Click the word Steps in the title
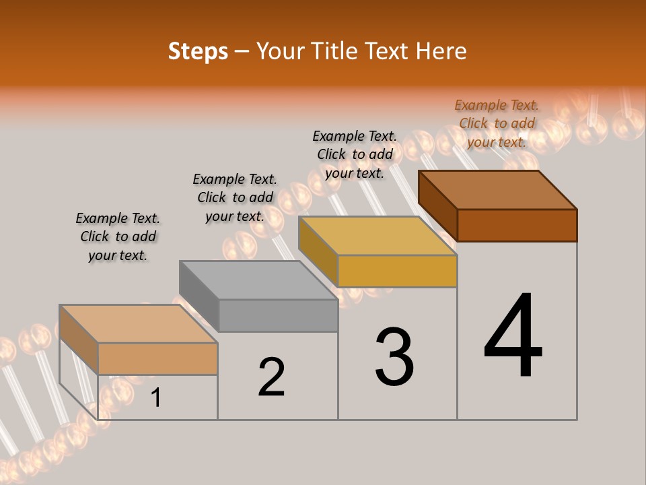[x=198, y=51]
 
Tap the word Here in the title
[x=441, y=51]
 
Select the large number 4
[x=513, y=337]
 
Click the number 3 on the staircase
[x=394, y=357]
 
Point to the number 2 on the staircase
[x=272, y=377]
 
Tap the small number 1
[x=156, y=398]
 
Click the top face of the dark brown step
[x=498, y=190]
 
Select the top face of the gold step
[x=378, y=236]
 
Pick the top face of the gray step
[x=259, y=280]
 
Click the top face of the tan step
[x=139, y=324]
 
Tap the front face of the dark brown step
[x=517, y=225]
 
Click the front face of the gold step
[x=397, y=271]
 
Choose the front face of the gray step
[x=278, y=315]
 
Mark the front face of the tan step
[x=157, y=358]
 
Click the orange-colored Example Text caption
[x=497, y=123]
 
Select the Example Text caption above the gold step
[x=355, y=154]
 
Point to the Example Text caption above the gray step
[x=235, y=197]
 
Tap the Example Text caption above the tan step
[x=118, y=236]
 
